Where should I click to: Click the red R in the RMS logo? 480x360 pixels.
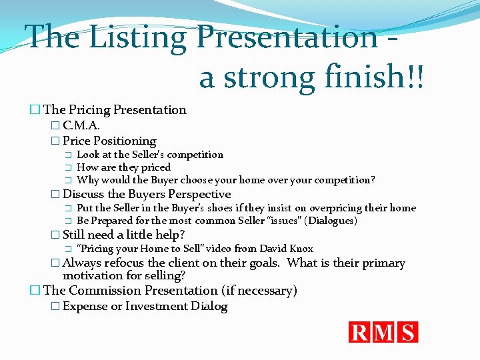[361, 332]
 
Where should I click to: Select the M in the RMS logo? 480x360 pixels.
[384, 332]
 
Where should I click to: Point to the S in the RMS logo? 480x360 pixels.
[407, 332]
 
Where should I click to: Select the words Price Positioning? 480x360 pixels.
[109, 141]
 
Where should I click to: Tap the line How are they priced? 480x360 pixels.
[123, 167]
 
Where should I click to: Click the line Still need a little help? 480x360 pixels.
[123, 234]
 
